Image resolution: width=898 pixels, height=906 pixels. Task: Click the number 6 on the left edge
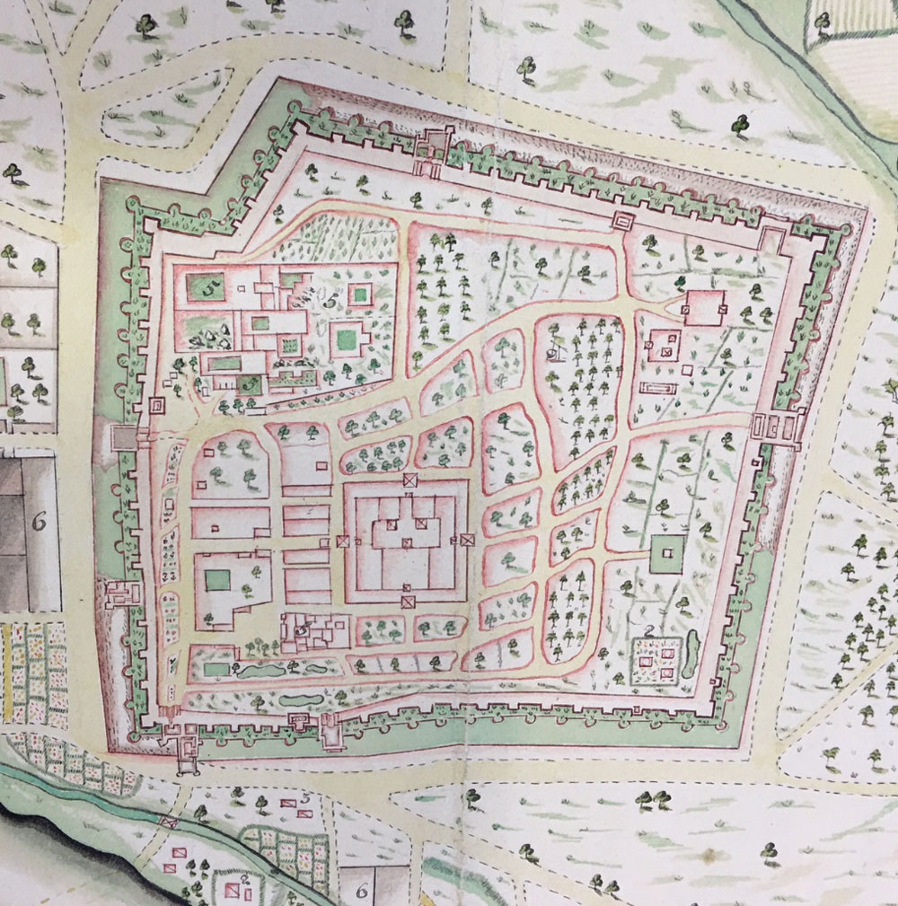point(39,523)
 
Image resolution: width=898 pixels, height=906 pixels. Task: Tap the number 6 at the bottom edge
point(363,890)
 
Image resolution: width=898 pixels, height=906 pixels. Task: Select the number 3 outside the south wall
point(305,796)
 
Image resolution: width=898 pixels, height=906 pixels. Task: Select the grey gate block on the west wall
point(122,437)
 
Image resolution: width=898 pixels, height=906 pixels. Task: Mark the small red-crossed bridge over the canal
point(169,822)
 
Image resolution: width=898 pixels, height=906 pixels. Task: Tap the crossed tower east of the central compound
point(467,540)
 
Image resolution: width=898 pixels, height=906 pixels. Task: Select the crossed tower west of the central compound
point(343,541)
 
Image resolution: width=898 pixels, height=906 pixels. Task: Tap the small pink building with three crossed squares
point(665,344)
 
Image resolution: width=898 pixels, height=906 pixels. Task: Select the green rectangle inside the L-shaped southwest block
point(217,580)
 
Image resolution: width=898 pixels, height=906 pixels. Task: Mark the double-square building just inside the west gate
point(156,406)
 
